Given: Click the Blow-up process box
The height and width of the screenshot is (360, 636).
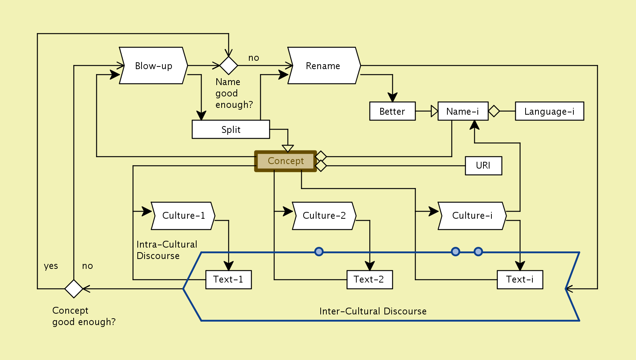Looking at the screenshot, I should click(153, 66).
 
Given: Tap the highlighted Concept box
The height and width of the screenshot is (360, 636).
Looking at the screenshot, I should click(285, 161).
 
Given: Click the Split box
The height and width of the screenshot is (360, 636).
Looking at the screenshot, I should click(231, 129).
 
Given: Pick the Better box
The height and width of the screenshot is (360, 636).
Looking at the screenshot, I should click(392, 111).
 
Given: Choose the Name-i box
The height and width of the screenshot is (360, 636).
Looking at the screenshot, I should click(463, 111).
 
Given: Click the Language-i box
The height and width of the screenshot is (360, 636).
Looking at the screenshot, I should click(549, 111).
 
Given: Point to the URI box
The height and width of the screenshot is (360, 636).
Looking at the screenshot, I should click(483, 166).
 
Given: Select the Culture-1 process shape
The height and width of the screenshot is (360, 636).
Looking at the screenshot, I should click(183, 216).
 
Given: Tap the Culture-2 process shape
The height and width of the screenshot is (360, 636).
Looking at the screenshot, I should click(324, 216).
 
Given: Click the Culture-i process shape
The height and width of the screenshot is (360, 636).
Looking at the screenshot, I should click(472, 216).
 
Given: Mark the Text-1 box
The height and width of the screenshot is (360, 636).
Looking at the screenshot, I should click(228, 279).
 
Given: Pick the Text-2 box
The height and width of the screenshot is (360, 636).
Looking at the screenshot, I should click(370, 279).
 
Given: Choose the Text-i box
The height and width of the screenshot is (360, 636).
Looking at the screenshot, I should click(520, 279).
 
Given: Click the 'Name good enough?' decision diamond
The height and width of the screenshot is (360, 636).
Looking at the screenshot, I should click(229, 66).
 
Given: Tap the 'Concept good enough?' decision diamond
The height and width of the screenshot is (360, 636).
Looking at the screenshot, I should click(74, 289).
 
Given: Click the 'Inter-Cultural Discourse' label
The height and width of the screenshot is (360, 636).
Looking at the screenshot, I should click(373, 311).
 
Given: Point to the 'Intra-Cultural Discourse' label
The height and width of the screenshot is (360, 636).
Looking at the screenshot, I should click(167, 250).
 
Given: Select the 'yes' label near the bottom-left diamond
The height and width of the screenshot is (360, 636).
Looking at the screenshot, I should click(51, 266).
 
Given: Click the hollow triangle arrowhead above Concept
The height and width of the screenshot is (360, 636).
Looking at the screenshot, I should click(288, 148).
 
